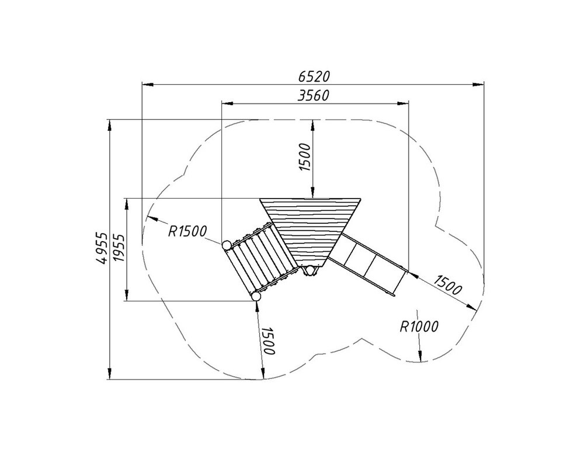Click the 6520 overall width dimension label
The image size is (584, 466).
tap(314, 76)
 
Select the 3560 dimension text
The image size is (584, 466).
tap(314, 96)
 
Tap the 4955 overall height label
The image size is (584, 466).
tap(101, 248)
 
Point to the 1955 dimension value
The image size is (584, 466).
tap(119, 248)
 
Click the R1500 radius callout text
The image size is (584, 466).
tap(187, 231)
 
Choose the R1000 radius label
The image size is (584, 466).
tap(419, 326)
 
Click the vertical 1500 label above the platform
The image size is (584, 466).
tap(305, 157)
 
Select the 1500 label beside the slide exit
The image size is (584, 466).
tap(448, 284)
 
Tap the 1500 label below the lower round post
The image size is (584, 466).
tap(269, 341)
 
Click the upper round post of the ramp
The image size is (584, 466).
tap(226, 245)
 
